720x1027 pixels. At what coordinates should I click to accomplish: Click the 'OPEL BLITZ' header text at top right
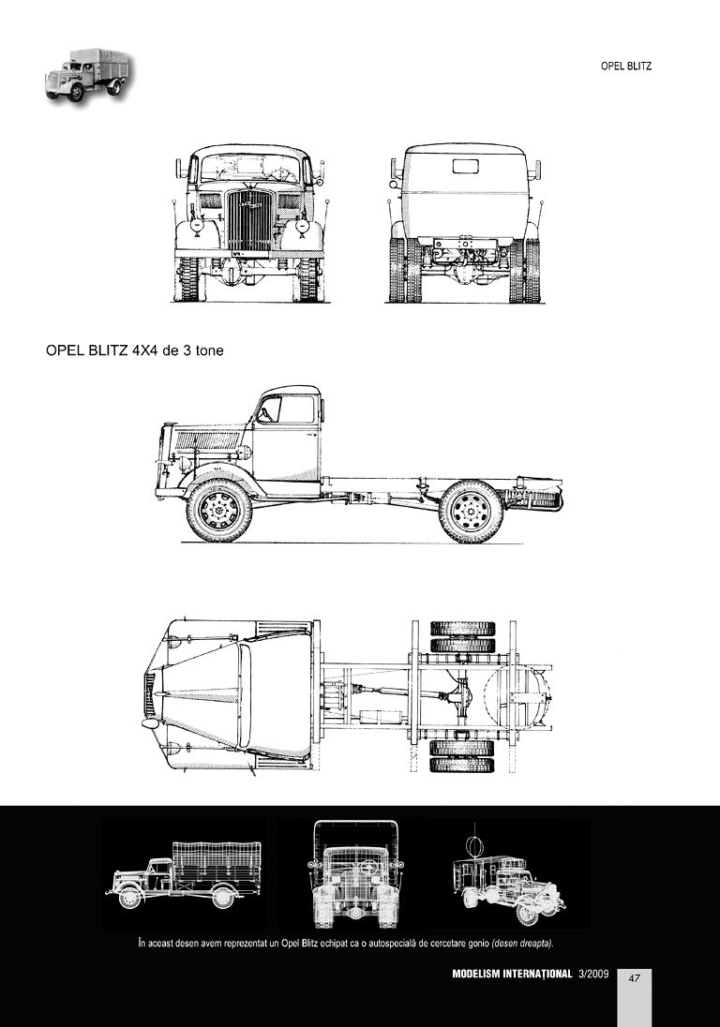point(625,67)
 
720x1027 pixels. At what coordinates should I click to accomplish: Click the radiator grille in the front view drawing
point(248,221)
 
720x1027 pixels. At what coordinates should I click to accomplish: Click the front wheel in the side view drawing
point(218,511)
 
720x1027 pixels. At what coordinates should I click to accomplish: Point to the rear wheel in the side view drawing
point(472,512)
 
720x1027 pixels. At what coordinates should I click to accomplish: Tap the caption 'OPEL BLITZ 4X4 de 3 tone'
point(134,350)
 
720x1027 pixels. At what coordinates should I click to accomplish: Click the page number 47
point(634,978)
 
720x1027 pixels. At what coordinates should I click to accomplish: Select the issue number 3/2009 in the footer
point(593,974)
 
